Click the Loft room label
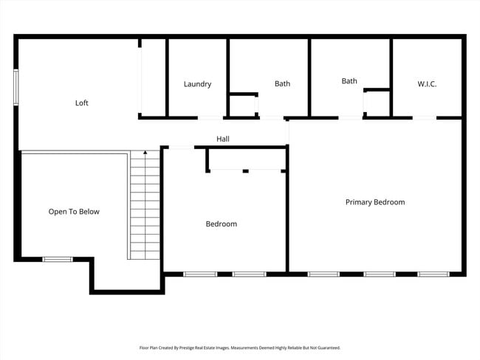pyautogui.click(x=82, y=103)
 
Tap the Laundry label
pyautogui.click(x=197, y=84)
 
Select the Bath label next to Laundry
pyautogui.click(x=282, y=84)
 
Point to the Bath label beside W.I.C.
pyautogui.click(x=349, y=81)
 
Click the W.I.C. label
pyautogui.click(x=427, y=84)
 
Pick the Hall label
pyautogui.click(x=222, y=139)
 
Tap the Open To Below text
pyautogui.click(x=74, y=212)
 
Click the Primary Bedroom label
pyautogui.click(x=375, y=202)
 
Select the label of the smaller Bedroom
pyautogui.click(x=221, y=224)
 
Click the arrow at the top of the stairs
pyautogui.click(x=145, y=153)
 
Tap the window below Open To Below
pyautogui.click(x=57, y=259)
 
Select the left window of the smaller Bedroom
pyautogui.click(x=199, y=274)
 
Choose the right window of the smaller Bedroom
pyautogui.click(x=249, y=274)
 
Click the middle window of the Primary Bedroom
pyautogui.click(x=379, y=274)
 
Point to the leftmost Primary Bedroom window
pyautogui.click(x=323, y=274)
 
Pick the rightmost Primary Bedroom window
pyautogui.click(x=433, y=274)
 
